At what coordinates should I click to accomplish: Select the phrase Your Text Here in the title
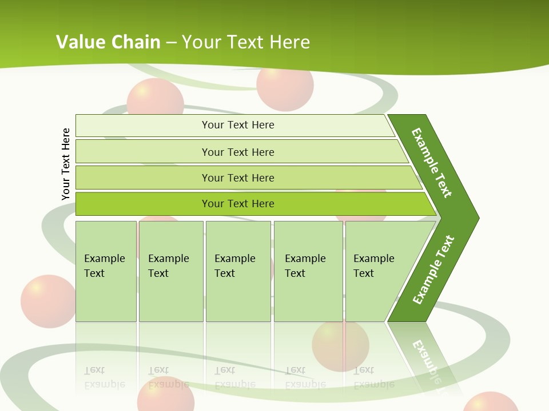click(246, 42)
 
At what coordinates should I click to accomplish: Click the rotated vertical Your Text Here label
click(66, 164)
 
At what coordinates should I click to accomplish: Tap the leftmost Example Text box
click(106, 271)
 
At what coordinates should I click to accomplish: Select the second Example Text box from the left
click(171, 271)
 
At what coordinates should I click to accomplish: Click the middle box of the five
click(238, 271)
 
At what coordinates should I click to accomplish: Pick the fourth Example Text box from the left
click(308, 271)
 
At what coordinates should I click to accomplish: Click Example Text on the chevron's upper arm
click(432, 163)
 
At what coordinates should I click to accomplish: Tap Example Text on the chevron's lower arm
click(433, 270)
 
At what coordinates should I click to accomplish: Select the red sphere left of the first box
click(47, 301)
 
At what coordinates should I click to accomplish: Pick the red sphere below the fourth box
click(340, 345)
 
